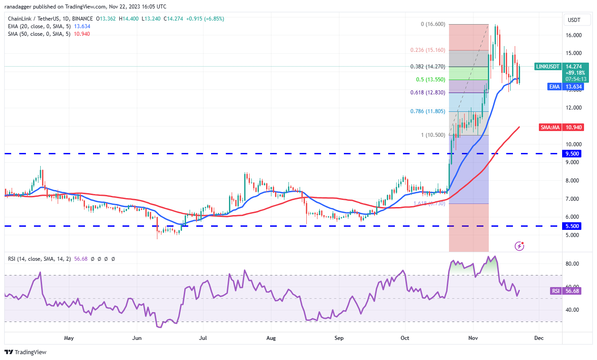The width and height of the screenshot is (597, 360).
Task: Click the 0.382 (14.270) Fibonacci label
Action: click(428, 67)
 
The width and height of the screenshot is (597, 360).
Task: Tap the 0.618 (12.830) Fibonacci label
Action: click(428, 93)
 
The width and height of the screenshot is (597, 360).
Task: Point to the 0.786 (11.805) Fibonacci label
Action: click(428, 111)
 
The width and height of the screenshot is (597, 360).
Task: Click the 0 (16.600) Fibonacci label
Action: click(433, 24)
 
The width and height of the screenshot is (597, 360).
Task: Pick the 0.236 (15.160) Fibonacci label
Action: click(428, 50)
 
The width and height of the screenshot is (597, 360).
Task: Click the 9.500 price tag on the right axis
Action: click(573, 153)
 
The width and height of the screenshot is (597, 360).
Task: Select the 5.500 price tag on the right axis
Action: click(573, 226)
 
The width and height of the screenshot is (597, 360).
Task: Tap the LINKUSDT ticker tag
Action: click(548, 67)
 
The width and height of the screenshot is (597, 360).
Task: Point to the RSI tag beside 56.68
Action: click(555, 291)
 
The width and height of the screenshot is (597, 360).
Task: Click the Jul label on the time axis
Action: click(203, 338)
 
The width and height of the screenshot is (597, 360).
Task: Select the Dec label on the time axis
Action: click(539, 338)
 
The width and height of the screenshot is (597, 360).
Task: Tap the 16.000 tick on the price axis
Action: click(574, 35)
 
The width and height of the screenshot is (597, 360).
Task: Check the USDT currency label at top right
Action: click(574, 20)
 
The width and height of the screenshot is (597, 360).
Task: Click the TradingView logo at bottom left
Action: click(25, 352)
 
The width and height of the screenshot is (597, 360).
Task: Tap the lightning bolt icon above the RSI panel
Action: click(519, 246)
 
